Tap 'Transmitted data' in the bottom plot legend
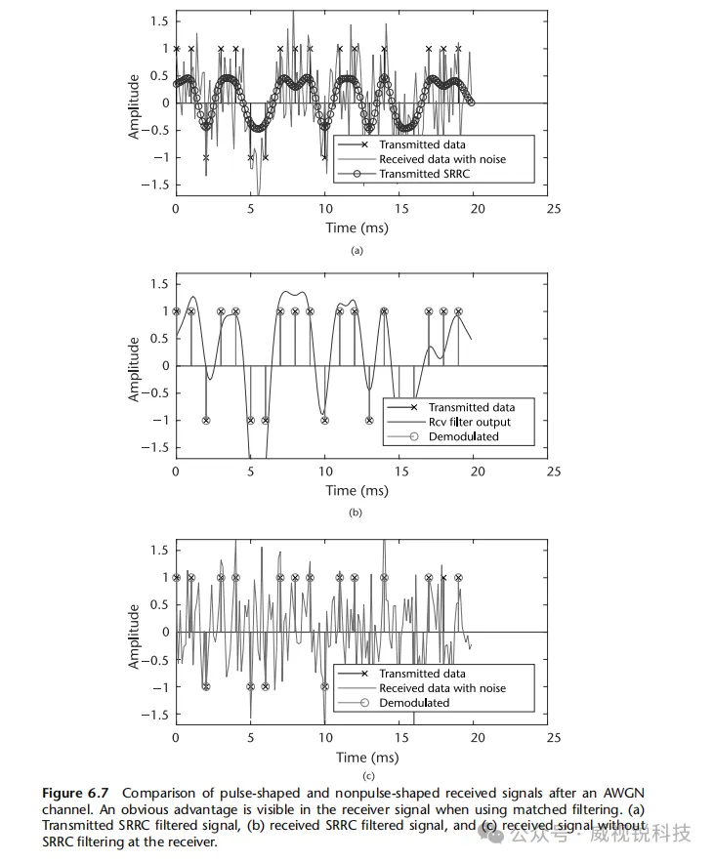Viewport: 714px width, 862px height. tap(423, 674)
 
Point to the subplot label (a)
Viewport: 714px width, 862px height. tap(357, 250)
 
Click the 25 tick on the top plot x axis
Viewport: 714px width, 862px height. tap(553, 208)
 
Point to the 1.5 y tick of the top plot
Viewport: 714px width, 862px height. tap(157, 21)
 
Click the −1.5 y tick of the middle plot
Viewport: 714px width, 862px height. tap(153, 448)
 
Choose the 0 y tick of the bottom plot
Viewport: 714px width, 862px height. tap(163, 632)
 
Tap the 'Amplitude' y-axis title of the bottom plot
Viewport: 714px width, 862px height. tap(135, 636)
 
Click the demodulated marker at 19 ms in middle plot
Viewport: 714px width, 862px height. tap(458, 311)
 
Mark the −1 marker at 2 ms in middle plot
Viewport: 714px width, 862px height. tap(206, 421)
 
